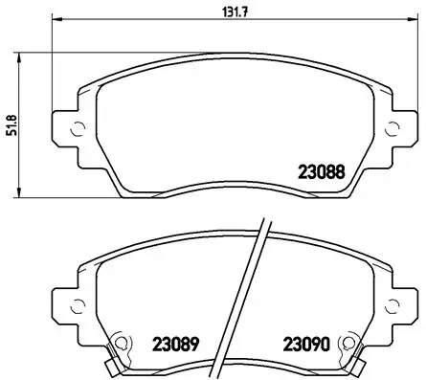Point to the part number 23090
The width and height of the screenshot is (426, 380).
pyautogui.click(x=303, y=341)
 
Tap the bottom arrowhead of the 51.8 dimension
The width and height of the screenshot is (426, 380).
pyautogui.click(x=22, y=194)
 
